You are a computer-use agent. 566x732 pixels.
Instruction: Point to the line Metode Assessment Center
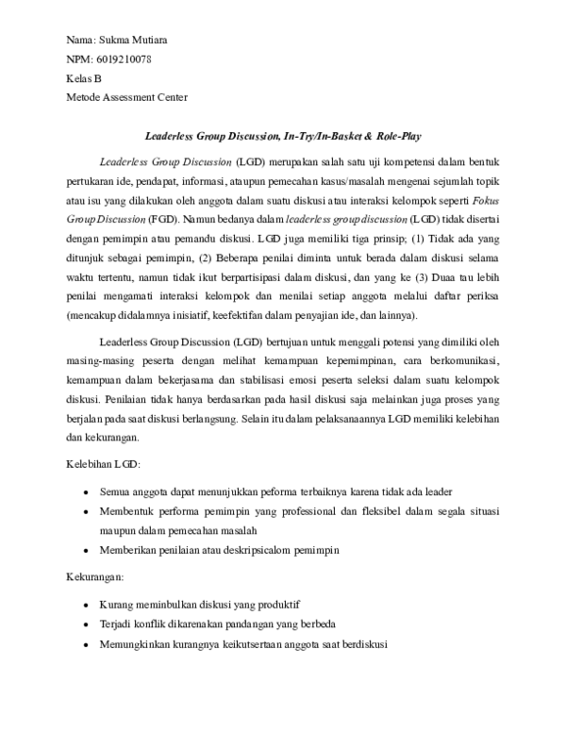pyautogui.click(x=126, y=96)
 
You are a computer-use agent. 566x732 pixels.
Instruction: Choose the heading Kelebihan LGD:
pyautogui.click(x=103, y=465)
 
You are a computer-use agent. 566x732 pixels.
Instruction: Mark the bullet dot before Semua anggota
pyautogui.click(x=86, y=491)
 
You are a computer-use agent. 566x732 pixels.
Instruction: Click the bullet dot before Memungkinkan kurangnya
pyautogui.click(x=86, y=645)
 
